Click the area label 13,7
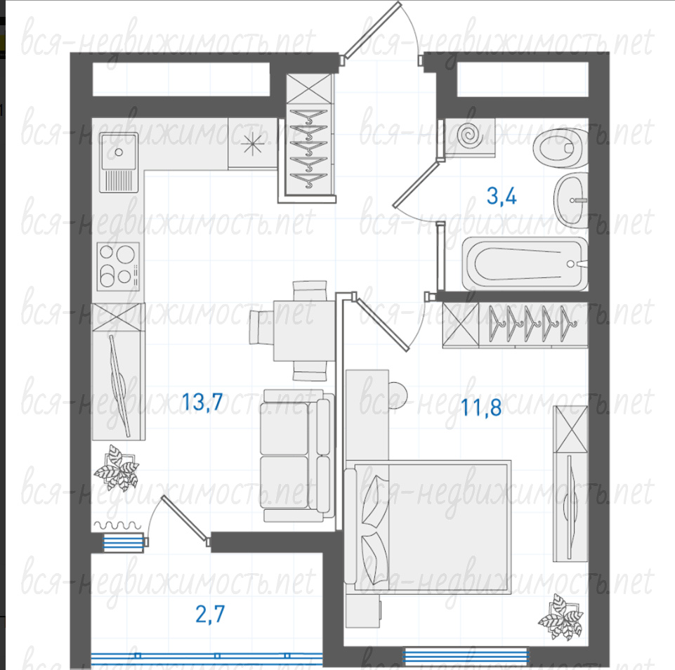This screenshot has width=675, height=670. (x=202, y=402)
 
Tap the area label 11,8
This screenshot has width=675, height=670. (x=481, y=407)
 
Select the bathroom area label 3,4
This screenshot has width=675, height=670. (x=502, y=196)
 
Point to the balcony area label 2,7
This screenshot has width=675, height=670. (x=210, y=614)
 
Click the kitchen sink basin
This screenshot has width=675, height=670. (x=119, y=152)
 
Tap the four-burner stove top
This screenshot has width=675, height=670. (x=119, y=266)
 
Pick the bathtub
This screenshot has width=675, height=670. (x=525, y=264)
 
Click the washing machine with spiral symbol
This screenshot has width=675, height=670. (x=470, y=137)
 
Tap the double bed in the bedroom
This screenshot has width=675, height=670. (x=428, y=527)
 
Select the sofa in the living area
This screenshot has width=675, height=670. (x=297, y=456)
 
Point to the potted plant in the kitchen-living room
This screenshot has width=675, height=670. (x=117, y=468)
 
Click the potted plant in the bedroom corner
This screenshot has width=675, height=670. (x=561, y=617)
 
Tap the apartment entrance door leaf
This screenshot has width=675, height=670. (x=372, y=29)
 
